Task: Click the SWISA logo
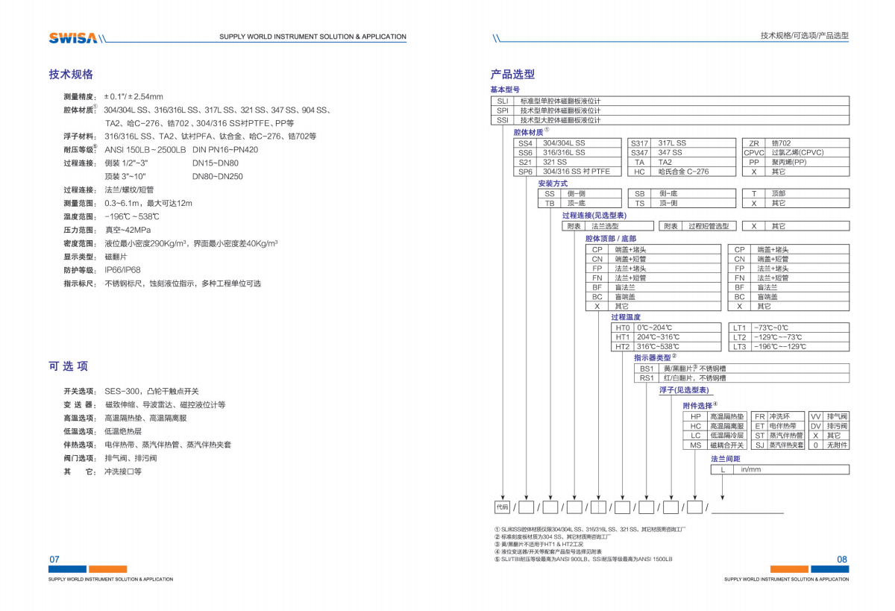(x=72, y=38)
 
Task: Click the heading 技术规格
(x=71, y=75)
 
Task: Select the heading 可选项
(x=69, y=366)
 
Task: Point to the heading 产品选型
(x=512, y=75)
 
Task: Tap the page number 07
(x=54, y=560)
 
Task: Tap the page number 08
(x=842, y=560)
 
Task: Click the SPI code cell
(x=502, y=110)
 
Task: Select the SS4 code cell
(x=526, y=143)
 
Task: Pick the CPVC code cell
(x=754, y=152)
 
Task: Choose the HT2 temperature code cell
(x=622, y=347)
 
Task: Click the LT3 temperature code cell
(x=739, y=347)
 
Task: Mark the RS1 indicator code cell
(x=646, y=378)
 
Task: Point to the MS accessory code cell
(x=695, y=445)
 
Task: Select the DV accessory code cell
(x=815, y=426)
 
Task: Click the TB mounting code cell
(x=550, y=203)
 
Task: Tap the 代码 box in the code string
(x=502, y=507)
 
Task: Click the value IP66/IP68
(x=122, y=270)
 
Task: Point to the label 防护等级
(x=79, y=270)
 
